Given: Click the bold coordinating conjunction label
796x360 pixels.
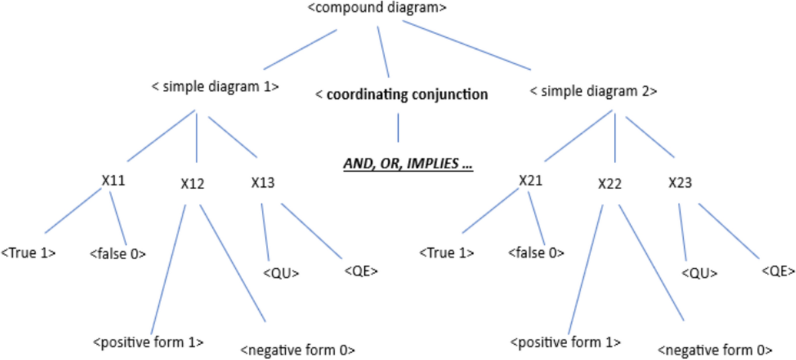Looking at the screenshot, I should point(401,95).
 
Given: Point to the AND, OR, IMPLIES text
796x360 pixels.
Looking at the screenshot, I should point(407,164).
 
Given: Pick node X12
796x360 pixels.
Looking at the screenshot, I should point(192,184).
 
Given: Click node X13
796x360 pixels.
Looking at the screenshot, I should point(263,182).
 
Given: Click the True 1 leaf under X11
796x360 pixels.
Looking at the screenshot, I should point(29,253).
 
